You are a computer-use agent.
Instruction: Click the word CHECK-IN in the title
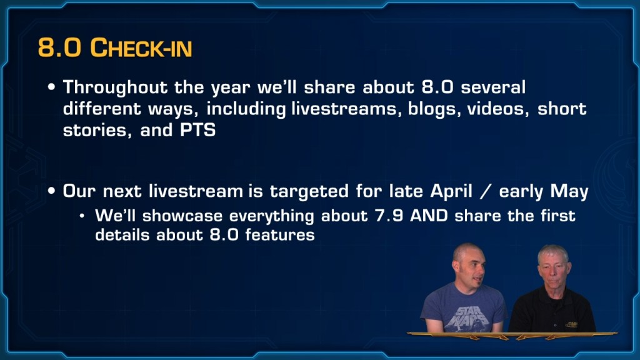pyautogui.click(x=141, y=47)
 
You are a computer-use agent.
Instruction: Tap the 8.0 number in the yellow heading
pyautogui.click(x=59, y=47)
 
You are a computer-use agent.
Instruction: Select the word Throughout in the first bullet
pyautogui.click(x=115, y=87)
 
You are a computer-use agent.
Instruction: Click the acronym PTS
pyautogui.click(x=197, y=130)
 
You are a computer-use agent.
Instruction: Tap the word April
pyautogui.click(x=451, y=191)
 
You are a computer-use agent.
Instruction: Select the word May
pyautogui.click(x=569, y=191)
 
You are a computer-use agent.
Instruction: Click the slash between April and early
pyautogui.click(x=485, y=191)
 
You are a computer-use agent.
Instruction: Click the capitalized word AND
pyautogui.click(x=429, y=216)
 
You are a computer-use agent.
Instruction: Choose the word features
pyautogui.click(x=280, y=235)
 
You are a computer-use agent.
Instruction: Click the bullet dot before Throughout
pyautogui.click(x=51, y=87)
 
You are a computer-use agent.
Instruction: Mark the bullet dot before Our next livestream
pyautogui.click(x=51, y=191)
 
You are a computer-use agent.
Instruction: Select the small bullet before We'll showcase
pyautogui.click(x=82, y=216)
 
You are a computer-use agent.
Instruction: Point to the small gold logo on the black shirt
pyautogui.click(x=571, y=324)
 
